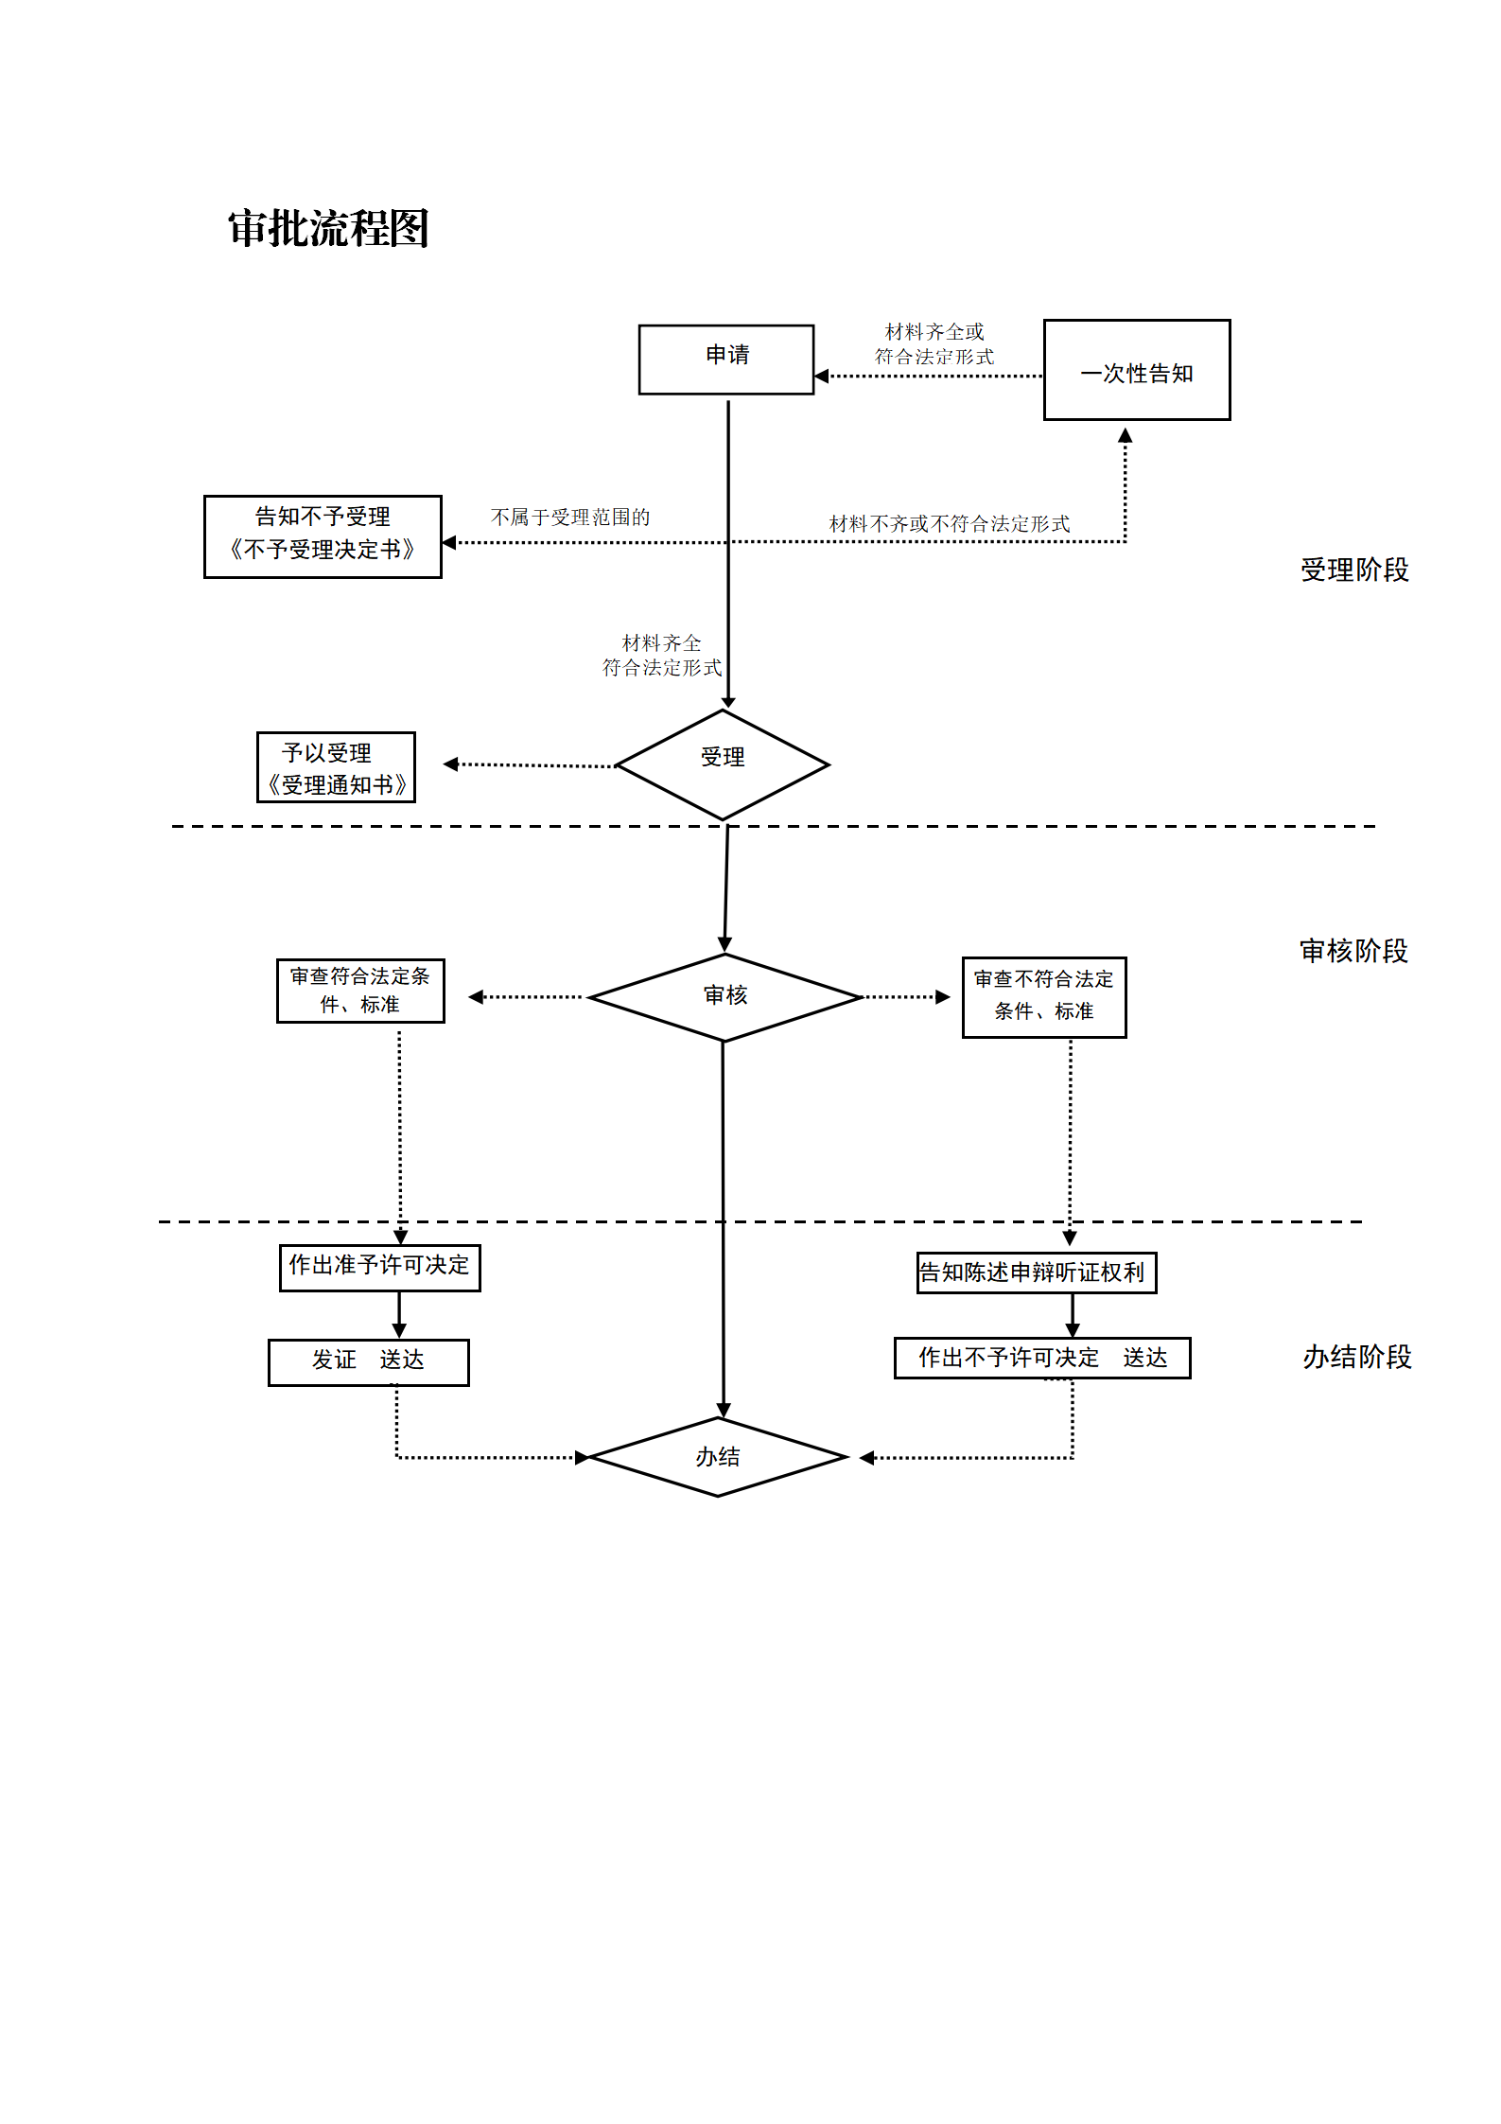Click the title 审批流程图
pyautogui.click(x=328, y=229)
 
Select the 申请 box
pyautogui.click(x=725, y=360)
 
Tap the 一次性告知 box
pyautogui.click(x=1136, y=370)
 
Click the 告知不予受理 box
pyautogui.click(x=323, y=535)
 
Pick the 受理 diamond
pyautogui.click(x=723, y=764)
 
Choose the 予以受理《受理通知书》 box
pyautogui.click(x=336, y=767)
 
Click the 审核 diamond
pyautogui.click(x=724, y=996)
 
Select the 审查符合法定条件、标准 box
pyautogui.click(x=360, y=991)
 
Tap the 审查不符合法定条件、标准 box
pyautogui.click(x=1043, y=997)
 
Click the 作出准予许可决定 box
pyautogui.click(x=379, y=1267)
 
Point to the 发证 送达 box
pyautogui.click(x=368, y=1361)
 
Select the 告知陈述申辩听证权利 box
pyautogui.click(x=1036, y=1273)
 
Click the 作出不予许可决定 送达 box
pyautogui.click(x=1041, y=1358)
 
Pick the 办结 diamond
pyautogui.click(x=718, y=1456)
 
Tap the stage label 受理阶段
pyautogui.click(x=1353, y=570)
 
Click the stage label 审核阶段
pyautogui.click(x=1353, y=951)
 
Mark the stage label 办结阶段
pyautogui.click(x=1356, y=1357)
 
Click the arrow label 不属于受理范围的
pyautogui.click(x=570, y=518)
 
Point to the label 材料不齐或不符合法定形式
pyautogui.click(x=949, y=523)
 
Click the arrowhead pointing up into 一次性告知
pyautogui.click(x=1125, y=436)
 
